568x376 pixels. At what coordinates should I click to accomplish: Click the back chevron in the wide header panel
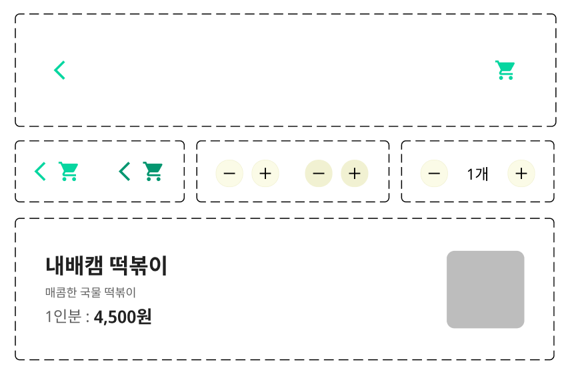[59, 70]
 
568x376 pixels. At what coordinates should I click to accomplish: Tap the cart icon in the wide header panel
[505, 70]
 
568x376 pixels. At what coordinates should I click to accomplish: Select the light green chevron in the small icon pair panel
[40, 172]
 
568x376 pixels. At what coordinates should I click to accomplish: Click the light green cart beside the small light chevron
[68, 172]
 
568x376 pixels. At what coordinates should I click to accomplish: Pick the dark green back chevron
[125, 172]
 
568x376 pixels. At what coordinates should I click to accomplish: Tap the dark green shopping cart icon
[153, 172]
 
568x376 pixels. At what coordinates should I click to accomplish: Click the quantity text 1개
[477, 174]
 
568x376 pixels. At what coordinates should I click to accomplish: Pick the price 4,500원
[123, 317]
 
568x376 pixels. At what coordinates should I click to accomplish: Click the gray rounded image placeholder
[485, 289]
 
